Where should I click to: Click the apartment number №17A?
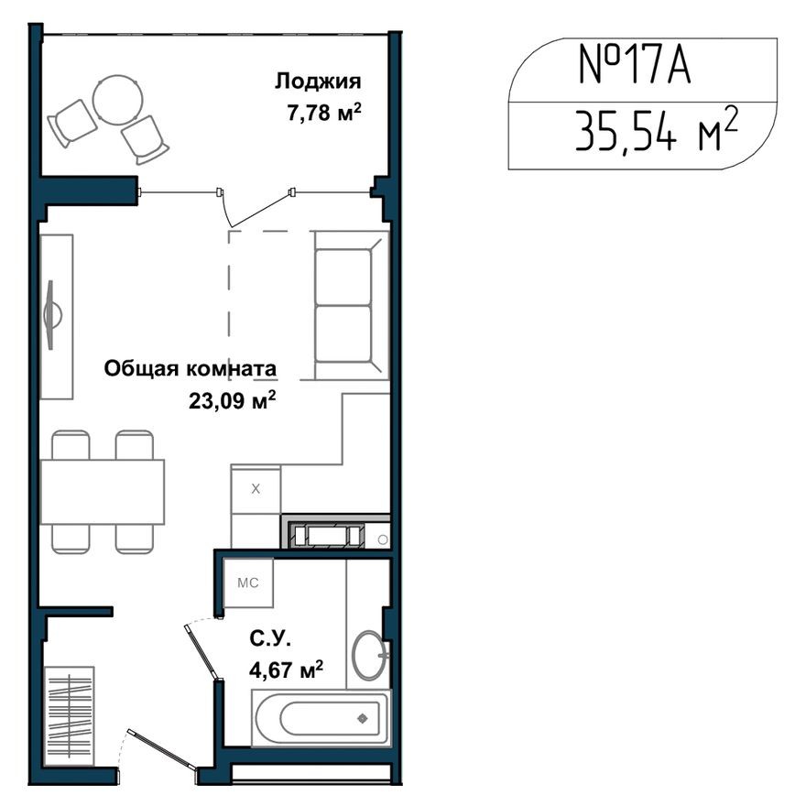(x=634, y=67)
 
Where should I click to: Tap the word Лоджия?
(x=317, y=82)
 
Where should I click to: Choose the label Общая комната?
(x=191, y=369)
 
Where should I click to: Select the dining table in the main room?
(x=102, y=491)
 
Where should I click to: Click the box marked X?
(x=256, y=489)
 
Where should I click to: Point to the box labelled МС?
(x=247, y=582)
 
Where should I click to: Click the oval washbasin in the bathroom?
(x=369, y=654)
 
